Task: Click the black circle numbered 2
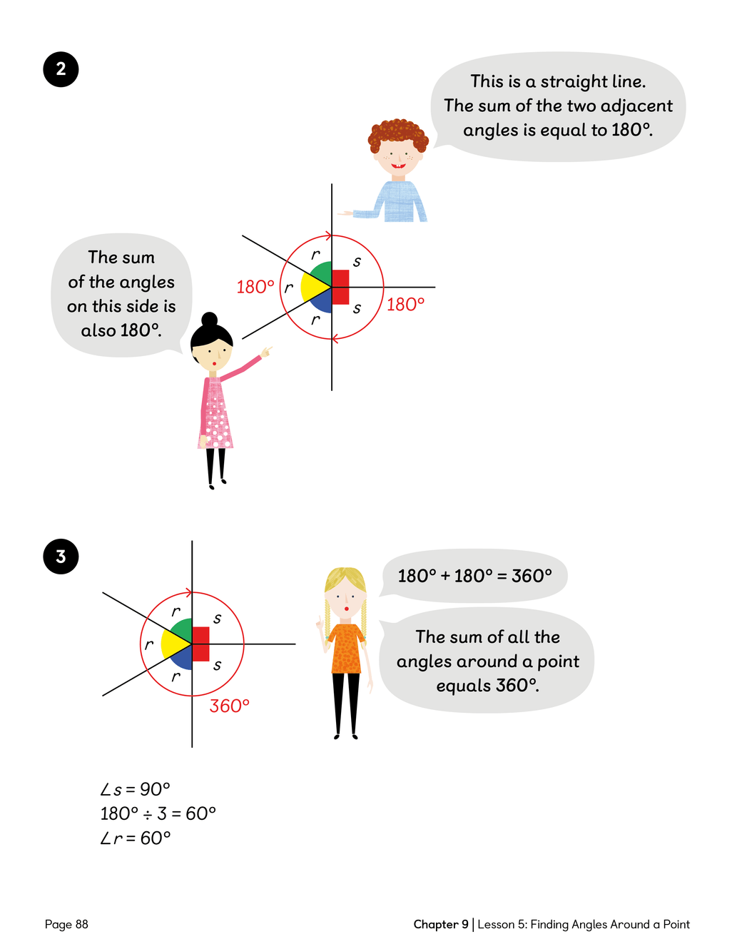pyautogui.click(x=61, y=69)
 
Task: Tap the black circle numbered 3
pyautogui.click(x=61, y=557)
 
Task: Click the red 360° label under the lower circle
pyautogui.click(x=229, y=706)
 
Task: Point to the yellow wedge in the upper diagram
pyautogui.click(x=313, y=287)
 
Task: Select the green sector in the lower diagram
pyautogui.click(x=183, y=629)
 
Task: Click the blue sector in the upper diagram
pyautogui.click(x=322, y=303)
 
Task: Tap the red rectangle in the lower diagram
pyautogui.click(x=200, y=644)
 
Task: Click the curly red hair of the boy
pyautogui.click(x=397, y=135)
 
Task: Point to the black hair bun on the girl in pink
pyautogui.click(x=210, y=319)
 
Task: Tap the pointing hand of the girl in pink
pyautogui.click(x=266, y=351)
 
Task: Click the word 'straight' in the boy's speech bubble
pyautogui.click(x=571, y=82)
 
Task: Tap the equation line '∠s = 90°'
pyautogui.click(x=135, y=789)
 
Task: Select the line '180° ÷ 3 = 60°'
pyautogui.click(x=158, y=813)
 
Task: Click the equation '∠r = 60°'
pyautogui.click(x=136, y=838)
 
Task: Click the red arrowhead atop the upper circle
pyautogui.click(x=328, y=236)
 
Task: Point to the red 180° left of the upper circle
pyautogui.click(x=255, y=287)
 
